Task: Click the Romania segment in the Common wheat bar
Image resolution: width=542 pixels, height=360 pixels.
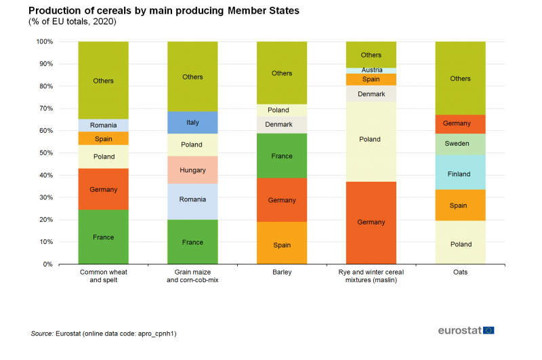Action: pyautogui.click(x=103, y=125)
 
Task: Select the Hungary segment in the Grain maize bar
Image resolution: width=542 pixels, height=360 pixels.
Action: pyautogui.click(x=192, y=170)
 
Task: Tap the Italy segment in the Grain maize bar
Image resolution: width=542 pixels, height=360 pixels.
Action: pyautogui.click(x=192, y=123)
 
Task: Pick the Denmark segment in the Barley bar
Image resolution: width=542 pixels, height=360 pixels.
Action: pyautogui.click(x=282, y=125)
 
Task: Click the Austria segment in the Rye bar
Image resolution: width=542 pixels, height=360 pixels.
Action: pyautogui.click(x=371, y=71)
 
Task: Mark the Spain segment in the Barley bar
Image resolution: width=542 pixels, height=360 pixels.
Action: pyautogui.click(x=282, y=245)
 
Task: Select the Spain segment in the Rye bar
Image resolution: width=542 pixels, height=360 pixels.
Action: pyautogui.click(x=371, y=79)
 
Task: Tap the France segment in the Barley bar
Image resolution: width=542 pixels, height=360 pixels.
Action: pyautogui.click(x=282, y=156)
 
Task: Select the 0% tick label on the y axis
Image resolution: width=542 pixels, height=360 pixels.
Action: pyautogui.click(x=47, y=264)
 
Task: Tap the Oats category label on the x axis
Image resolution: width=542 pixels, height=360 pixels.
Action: pyautogui.click(x=460, y=273)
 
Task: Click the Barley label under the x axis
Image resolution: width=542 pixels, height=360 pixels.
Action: pyautogui.click(x=282, y=273)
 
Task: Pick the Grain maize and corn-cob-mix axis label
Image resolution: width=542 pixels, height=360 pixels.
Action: pyautogui.click(x=192, y=276)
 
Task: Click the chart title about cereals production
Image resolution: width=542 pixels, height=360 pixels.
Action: pyautogui.click(x=163, y=11)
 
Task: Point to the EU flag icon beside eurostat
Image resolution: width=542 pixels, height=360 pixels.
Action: pyautogui.click(x=488, y=330)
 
